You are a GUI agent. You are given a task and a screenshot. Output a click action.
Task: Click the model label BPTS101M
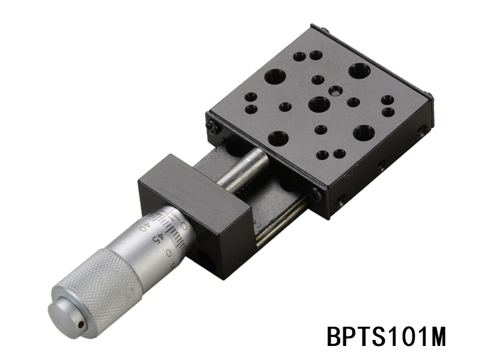coord(387,336)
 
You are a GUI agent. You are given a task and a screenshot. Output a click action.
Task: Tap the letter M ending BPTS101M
coord(437,336)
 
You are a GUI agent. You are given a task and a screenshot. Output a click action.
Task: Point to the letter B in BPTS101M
coord(334,336)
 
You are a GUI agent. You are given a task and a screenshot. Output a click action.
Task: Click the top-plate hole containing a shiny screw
coord(337,91)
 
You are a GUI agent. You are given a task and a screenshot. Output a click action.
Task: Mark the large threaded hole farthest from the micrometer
coord(360,71)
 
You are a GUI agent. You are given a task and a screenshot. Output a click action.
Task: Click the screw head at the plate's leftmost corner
coord(211,126)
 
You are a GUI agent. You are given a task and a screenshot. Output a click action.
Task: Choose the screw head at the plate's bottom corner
coord(317,194)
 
